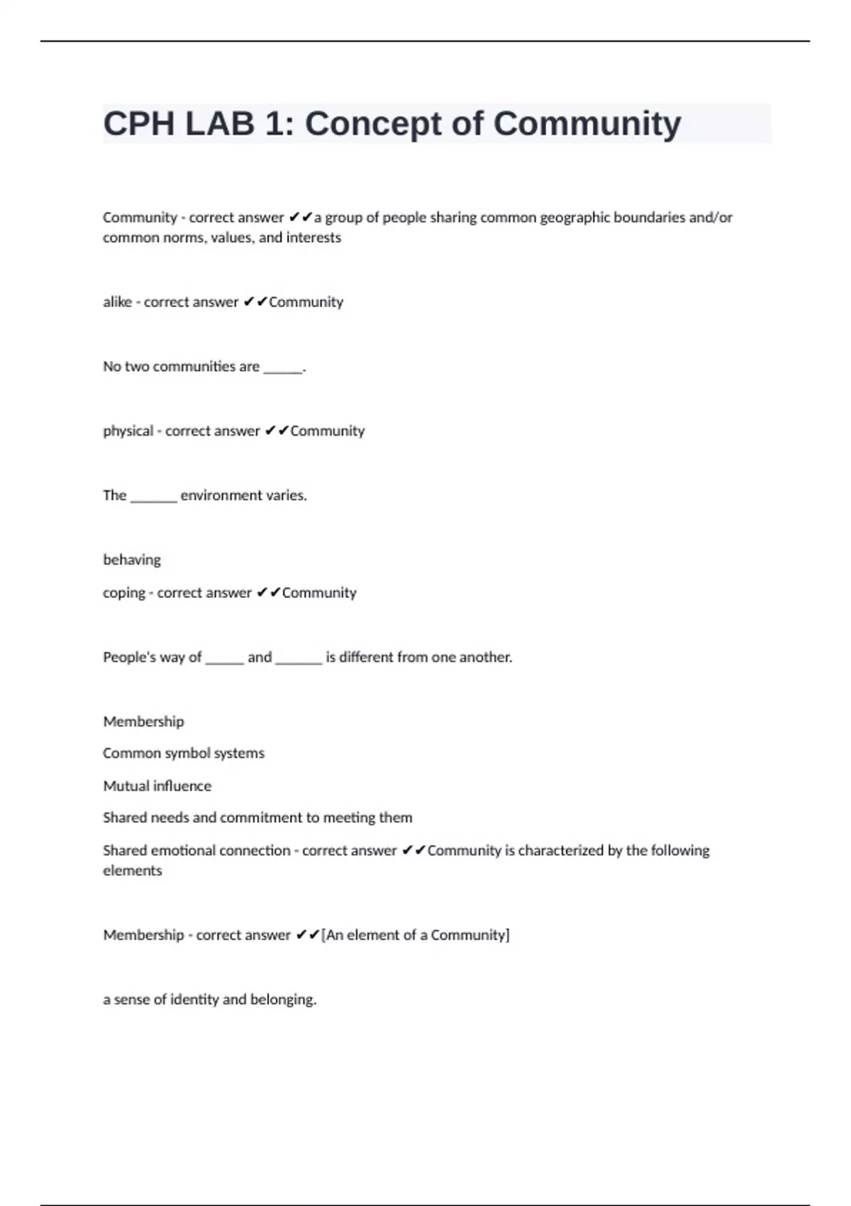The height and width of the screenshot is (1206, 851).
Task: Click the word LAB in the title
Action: coord(219,124)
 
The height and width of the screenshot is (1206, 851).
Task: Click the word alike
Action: coord(117,302)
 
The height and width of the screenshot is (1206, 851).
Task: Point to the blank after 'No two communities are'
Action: coord(282,367)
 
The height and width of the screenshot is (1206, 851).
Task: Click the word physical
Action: coord(128,431)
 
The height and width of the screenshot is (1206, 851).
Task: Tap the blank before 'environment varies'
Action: coord(153,496)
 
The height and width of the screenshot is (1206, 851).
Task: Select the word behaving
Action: coord(132,560)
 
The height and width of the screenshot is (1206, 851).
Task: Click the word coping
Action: coord(123,593)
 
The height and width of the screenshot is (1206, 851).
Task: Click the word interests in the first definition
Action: coord(313,238)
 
